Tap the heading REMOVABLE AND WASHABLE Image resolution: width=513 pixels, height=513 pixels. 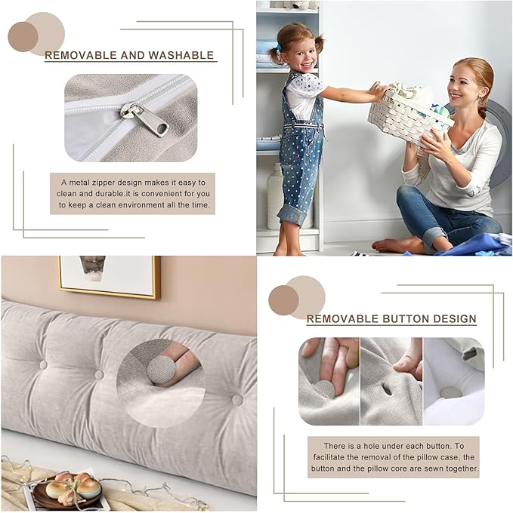tap(129, 55)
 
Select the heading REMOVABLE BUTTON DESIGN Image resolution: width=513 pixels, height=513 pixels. tap(391, 319)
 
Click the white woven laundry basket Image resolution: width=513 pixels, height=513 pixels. tap(409, 112)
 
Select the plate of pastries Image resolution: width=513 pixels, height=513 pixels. tap(66, 490)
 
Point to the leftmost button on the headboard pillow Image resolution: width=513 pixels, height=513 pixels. tap(43, 364)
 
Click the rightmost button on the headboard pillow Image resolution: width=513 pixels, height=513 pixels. tap(237, 400)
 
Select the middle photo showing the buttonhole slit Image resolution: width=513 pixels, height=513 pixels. tap(391, 381)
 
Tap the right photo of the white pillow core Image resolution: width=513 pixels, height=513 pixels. tap(453, 381)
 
